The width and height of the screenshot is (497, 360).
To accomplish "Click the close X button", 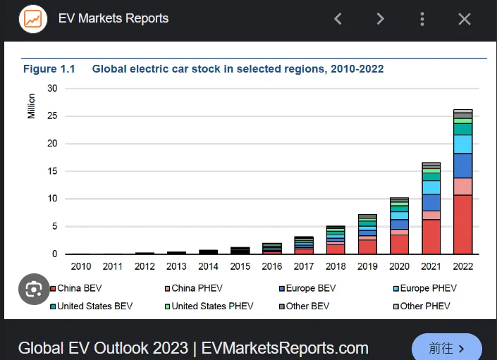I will [464, 19].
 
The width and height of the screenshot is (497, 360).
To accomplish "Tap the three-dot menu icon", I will [422, 19].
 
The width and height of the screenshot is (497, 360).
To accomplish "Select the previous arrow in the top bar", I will [338, 19].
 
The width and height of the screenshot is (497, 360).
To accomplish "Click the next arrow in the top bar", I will [380, 19].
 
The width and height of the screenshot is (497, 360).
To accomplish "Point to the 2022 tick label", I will [463, 266].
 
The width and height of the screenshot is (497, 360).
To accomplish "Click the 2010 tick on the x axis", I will [81, 266].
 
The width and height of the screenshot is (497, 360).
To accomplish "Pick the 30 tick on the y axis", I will [52, 88].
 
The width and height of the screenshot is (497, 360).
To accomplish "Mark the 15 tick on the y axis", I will [52, 171].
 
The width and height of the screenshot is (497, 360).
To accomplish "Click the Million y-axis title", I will [32, 105].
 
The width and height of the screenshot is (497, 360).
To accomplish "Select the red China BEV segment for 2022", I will [463, 224].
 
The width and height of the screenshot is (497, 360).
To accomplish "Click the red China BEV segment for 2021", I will [431, 237].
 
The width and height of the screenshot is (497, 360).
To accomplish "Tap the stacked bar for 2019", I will [367, 234].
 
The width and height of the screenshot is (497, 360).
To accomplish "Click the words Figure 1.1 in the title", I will [49, 69].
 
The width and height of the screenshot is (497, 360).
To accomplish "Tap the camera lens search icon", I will [34, 289].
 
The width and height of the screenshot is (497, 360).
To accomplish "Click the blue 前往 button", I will [446, 348].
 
